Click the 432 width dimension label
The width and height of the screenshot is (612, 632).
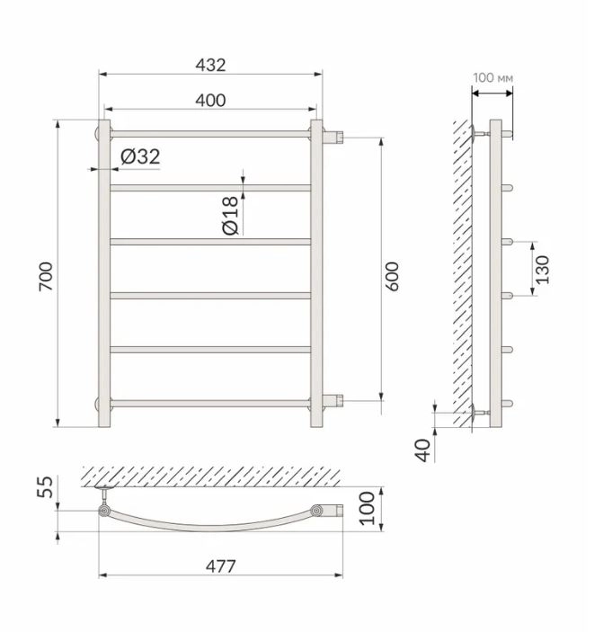tap(210, 65)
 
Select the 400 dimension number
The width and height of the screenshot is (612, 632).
tap(210, 101)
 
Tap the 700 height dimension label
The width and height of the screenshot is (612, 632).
tap(46, 277)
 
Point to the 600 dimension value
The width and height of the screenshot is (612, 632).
tap(391, 277)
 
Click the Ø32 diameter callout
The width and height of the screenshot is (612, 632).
tap(140, 156)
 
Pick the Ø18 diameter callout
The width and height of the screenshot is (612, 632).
tap(230, 216)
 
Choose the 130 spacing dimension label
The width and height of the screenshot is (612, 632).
tap(542, 269)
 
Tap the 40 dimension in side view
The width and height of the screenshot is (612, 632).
tap(423, 450)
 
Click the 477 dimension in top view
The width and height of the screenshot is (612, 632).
tap(220, 566)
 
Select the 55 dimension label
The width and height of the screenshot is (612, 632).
tap(45, 487)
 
